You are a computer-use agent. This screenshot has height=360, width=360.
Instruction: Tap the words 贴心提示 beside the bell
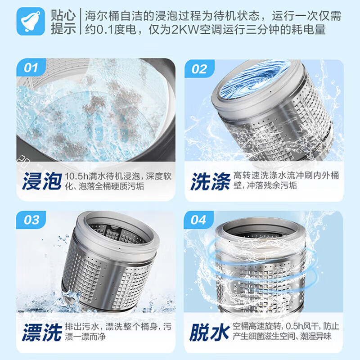pyautogui.click(x=63, y=22)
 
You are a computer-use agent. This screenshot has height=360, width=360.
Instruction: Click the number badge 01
pyautogui.click(x=31, y=68)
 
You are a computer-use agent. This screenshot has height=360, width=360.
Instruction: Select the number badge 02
pyautogui.click(x=199, y=69)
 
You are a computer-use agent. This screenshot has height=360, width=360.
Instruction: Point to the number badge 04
pyautogui.click(x=198, y=220)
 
